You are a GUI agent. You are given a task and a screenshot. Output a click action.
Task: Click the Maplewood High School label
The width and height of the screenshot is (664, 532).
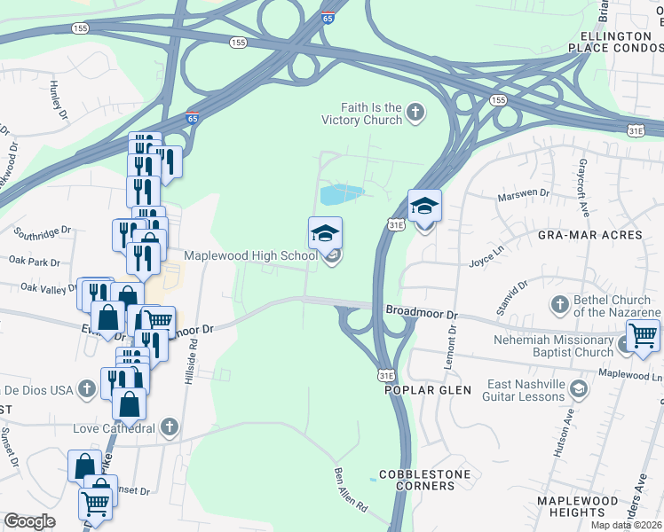point(249,256)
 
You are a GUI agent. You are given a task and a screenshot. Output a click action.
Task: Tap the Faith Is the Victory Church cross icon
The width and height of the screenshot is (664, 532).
point(415,113)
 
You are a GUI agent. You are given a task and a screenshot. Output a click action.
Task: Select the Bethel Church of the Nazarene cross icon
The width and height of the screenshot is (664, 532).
point(559,306)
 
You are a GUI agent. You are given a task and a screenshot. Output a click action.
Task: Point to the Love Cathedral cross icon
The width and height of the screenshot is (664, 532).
point(169,428)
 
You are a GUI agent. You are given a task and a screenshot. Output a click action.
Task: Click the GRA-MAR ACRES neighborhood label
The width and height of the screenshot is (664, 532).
point(589,235)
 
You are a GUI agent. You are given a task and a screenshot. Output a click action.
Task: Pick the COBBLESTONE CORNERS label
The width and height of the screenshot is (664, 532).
point(424,480)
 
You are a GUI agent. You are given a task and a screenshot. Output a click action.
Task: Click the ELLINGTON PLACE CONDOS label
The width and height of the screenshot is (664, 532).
point(621,41)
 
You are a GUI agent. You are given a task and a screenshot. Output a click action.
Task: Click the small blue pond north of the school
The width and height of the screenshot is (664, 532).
point(341,192)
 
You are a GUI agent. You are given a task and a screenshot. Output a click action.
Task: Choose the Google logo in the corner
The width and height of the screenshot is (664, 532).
point(29,521)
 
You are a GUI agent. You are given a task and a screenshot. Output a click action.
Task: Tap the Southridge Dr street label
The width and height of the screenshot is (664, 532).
point(42,231)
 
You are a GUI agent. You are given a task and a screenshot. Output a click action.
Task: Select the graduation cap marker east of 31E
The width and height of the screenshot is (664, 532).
point(425,207)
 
